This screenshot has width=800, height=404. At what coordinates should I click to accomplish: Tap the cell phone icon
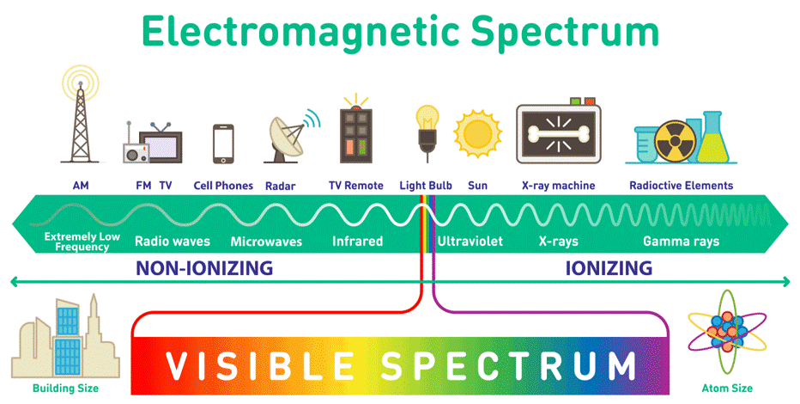(x=223, y=144)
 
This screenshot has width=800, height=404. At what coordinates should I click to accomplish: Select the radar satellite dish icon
(x=291, y=135)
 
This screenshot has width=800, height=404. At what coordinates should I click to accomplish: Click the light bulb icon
(x=427, y=130)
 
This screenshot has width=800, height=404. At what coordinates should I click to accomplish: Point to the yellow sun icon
(x=478, y=134)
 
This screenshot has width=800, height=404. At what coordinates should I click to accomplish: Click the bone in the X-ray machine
(x=559, y=133)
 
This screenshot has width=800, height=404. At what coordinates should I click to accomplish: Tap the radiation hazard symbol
(x=675, y=141)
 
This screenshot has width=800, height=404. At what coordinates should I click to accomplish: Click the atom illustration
(x=727, y=333)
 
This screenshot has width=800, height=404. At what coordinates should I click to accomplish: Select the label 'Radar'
(x=280, y=187)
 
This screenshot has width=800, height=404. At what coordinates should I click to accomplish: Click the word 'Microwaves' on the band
(x=266, y=242)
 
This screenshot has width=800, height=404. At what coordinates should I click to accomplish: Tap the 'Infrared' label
(x=357, y=241)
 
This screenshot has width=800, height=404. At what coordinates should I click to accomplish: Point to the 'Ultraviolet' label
(x=470, y=241)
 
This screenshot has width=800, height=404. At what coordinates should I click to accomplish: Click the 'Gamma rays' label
(x=682, y=242)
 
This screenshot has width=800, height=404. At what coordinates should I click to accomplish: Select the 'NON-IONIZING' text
(x=204, y=268)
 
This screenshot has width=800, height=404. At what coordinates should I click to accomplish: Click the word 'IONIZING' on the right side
(x=609, y=268)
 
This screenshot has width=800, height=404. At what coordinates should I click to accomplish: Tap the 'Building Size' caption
(x=65, y=389)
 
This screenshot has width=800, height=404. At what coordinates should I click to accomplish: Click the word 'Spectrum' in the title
(x=566, y=32)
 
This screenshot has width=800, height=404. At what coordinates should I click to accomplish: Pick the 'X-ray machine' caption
(x=558, y=186)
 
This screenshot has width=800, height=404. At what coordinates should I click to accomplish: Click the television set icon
(x=161, y=144)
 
